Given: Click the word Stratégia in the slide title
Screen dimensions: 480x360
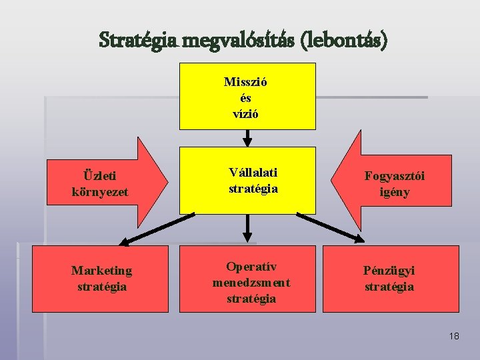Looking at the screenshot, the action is (x=137, y=40).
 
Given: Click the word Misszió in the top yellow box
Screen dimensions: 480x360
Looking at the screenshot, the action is (x=246, y=83).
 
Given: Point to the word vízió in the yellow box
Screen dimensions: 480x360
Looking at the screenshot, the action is (x=246, y=113).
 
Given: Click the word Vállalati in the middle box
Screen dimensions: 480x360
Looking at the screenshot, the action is (x=253, y=173).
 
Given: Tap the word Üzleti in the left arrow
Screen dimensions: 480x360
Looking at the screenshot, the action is (x=100, y=176).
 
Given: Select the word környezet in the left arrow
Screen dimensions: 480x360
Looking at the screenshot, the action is (x=100, y=192).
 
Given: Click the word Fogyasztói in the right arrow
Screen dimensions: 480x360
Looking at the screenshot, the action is (x=395, y=176).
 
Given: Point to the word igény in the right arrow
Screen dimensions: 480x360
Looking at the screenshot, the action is (x=395, y=192).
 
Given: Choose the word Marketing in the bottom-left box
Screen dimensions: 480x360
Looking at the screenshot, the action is (x=102, y=271).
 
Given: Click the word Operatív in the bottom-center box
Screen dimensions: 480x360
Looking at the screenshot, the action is (x=251, y=267).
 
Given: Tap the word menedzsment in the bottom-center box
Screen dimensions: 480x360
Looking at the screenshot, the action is (x=251, y=283).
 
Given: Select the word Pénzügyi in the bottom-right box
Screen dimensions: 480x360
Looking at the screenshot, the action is (x=389, y=271).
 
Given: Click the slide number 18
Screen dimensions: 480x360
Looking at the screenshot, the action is (x=454, y=336).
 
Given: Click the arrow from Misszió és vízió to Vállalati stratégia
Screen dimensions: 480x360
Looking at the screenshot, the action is (x=247, y=137).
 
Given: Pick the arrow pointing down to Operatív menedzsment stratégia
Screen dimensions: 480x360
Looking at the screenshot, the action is (x=247, y=228).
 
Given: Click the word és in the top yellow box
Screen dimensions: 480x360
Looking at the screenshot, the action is (x=246, y=98).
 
